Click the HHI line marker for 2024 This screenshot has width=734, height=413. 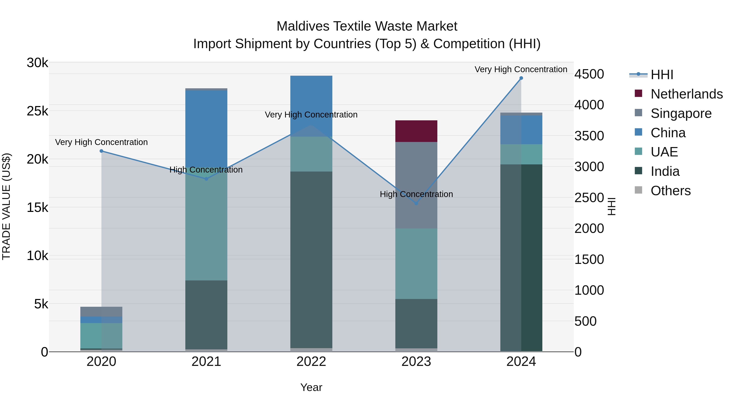coord(521,78)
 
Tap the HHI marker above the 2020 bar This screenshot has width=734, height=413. coord(102,151)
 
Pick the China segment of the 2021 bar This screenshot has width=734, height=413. coord(206,128)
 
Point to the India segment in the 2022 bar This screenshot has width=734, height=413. coord(311,259)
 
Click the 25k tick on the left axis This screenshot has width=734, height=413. coord(38,111)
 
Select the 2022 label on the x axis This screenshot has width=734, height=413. coord(311,362)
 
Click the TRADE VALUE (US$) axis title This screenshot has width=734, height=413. coord(7,206)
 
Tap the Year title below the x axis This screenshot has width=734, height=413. coord(311,387)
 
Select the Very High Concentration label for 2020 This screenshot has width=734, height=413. coord(102,142)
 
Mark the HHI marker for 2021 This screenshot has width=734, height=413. coord(206,179)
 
